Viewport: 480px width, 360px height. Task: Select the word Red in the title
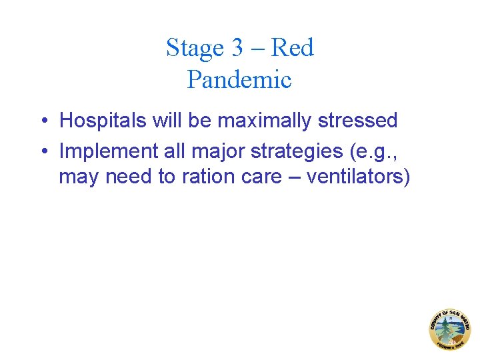[x=293, y=48]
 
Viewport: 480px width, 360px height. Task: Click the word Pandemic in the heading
[x=239, y=80]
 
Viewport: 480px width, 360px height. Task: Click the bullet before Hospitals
[x=42, y=121]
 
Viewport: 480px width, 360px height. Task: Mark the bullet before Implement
[x=42, y=151]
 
